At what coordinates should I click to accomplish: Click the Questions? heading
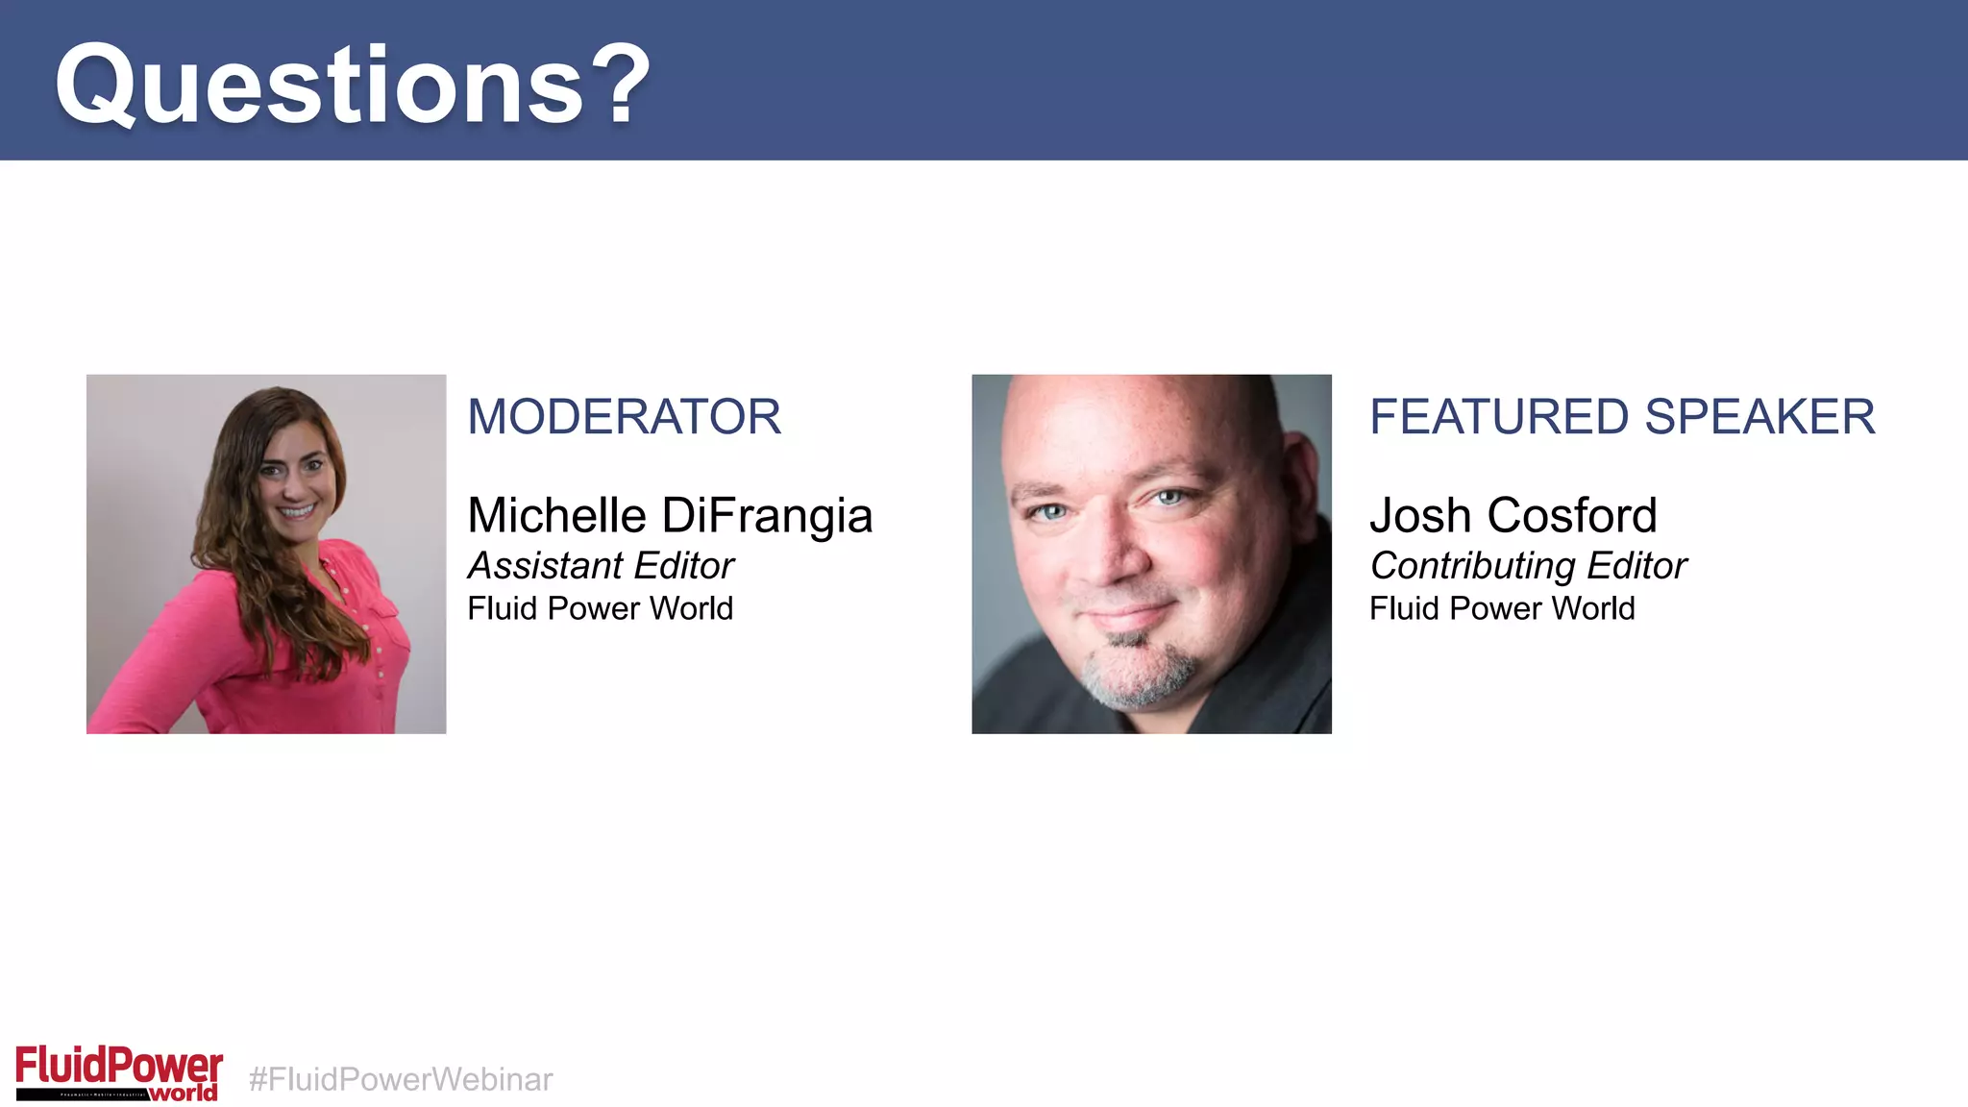[352, 85]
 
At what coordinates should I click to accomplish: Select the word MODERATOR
[624, 417]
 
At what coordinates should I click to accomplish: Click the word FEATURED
[1499, 417]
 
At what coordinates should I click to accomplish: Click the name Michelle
[556, 515]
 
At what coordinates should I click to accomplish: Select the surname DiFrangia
[767, 515]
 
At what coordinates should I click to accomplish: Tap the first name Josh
[1420, 515]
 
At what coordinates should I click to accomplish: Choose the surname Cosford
[1572, 515]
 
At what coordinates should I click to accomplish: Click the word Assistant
[545, 566]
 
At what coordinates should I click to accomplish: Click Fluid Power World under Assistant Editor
[600, 608]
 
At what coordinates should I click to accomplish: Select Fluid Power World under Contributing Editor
[1502, 608]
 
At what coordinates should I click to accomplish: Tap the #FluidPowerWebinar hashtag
[401, 1079]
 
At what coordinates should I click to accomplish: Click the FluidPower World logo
[118, 1072]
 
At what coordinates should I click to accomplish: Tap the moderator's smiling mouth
[297, 510]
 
